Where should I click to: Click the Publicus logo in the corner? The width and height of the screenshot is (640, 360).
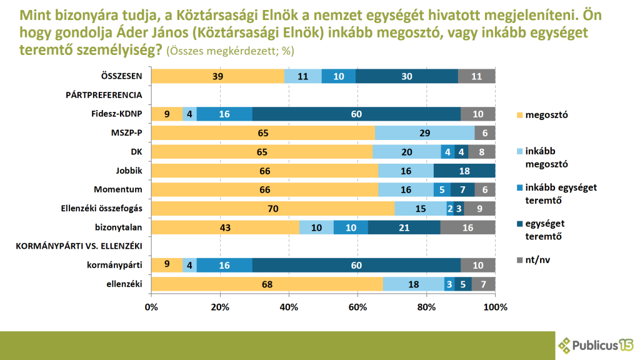click(x=596, y=345)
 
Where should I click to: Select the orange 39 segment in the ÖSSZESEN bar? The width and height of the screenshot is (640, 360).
click(x=218, y=76)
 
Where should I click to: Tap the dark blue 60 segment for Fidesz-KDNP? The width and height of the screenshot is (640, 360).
click(x=356, y=114)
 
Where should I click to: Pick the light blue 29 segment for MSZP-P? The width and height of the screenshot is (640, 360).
click(x=424, y=133)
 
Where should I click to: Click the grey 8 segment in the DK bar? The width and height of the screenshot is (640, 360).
click(x=481, y=152)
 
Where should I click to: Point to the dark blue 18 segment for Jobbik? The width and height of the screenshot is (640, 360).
click(x=464, y=171)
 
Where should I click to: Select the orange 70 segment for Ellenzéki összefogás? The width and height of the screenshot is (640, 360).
click(x=273, y=209)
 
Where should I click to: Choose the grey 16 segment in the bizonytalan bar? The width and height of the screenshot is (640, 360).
click(x=467, y=227)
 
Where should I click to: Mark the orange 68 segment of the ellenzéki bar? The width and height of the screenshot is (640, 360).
click(x=267, y=284)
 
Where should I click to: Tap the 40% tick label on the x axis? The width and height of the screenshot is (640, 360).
click(x=289, y=307)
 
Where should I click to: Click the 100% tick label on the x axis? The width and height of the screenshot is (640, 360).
click(x=495, y=307)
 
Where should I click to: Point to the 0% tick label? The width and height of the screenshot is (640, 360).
click(x=152, y=307)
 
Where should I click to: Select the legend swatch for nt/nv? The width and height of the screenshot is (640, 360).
click(x=519, y=257)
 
